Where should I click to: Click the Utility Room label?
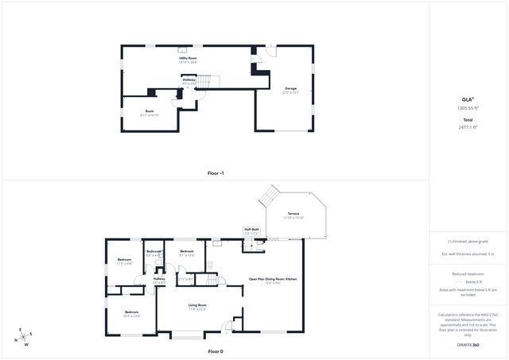188,57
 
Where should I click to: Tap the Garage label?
291,88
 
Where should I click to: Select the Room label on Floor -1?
150,110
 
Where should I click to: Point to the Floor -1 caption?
216,172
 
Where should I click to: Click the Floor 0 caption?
216,350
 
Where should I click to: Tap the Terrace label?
293,214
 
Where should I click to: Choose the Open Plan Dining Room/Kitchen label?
272,278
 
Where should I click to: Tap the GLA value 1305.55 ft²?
468,107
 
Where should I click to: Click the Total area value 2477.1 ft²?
468,126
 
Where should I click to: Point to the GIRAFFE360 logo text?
468,345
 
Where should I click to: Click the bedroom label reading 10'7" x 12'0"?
131,316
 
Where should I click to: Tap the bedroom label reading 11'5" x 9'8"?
125,264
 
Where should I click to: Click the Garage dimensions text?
291,92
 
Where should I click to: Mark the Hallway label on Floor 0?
159,279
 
